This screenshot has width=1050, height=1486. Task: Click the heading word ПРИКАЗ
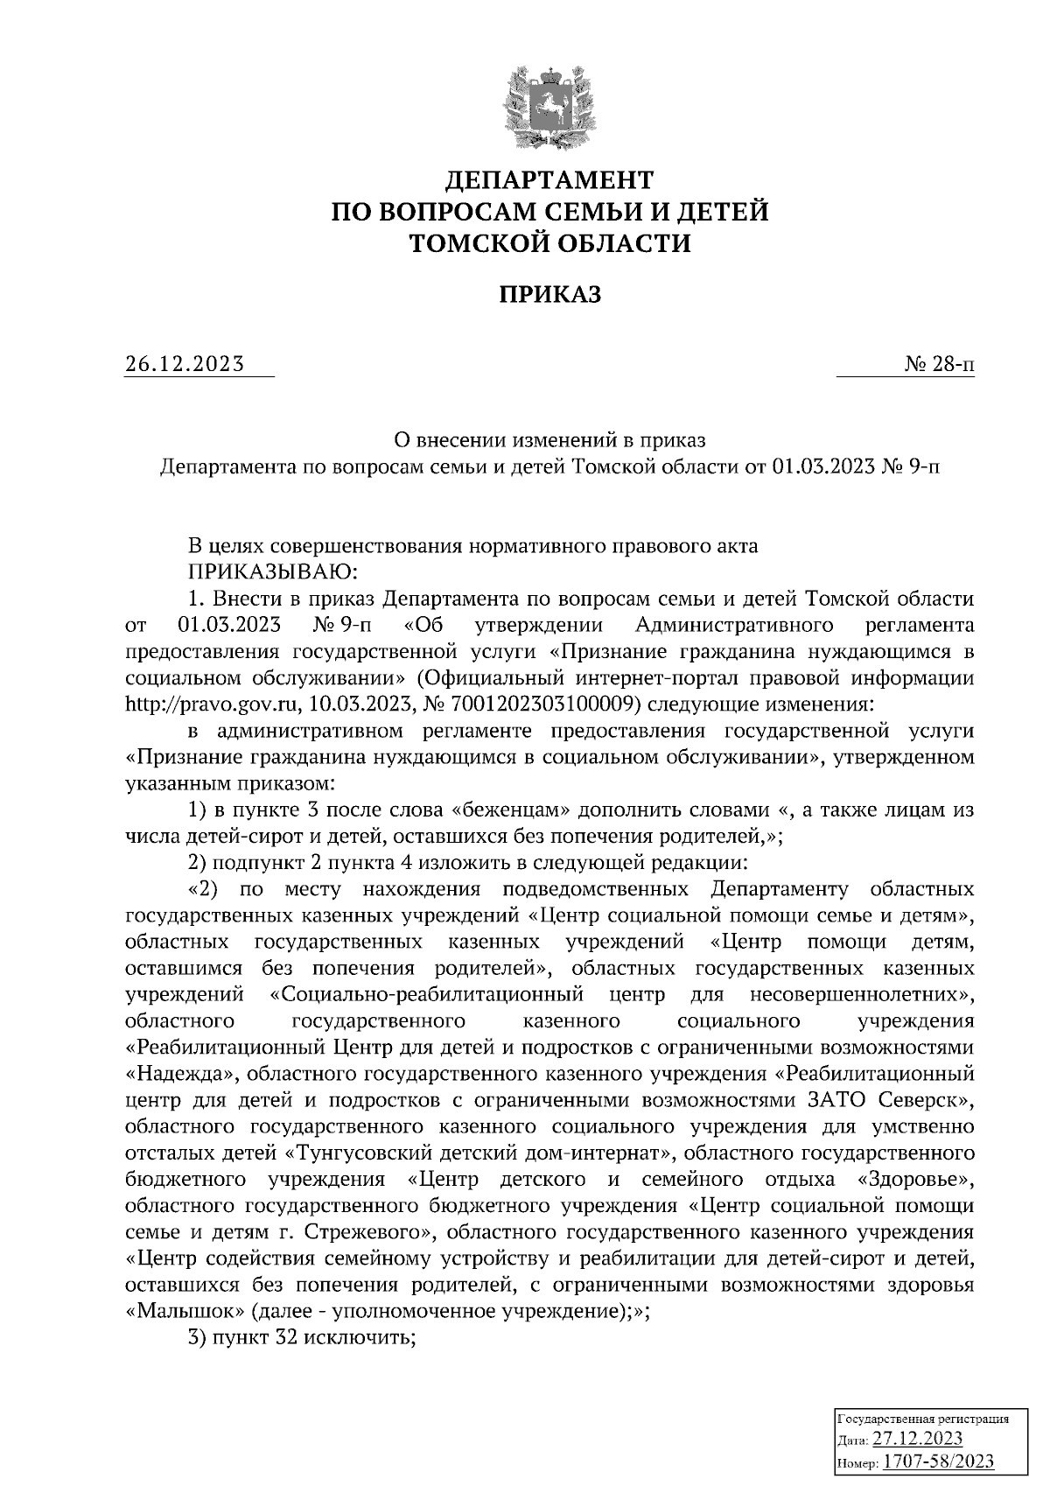pos(549,295)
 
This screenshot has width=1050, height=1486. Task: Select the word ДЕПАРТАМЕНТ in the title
pos(549,181)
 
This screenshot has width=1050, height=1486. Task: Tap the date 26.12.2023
pos(185,364)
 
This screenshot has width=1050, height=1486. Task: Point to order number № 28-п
pos(940,364)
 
